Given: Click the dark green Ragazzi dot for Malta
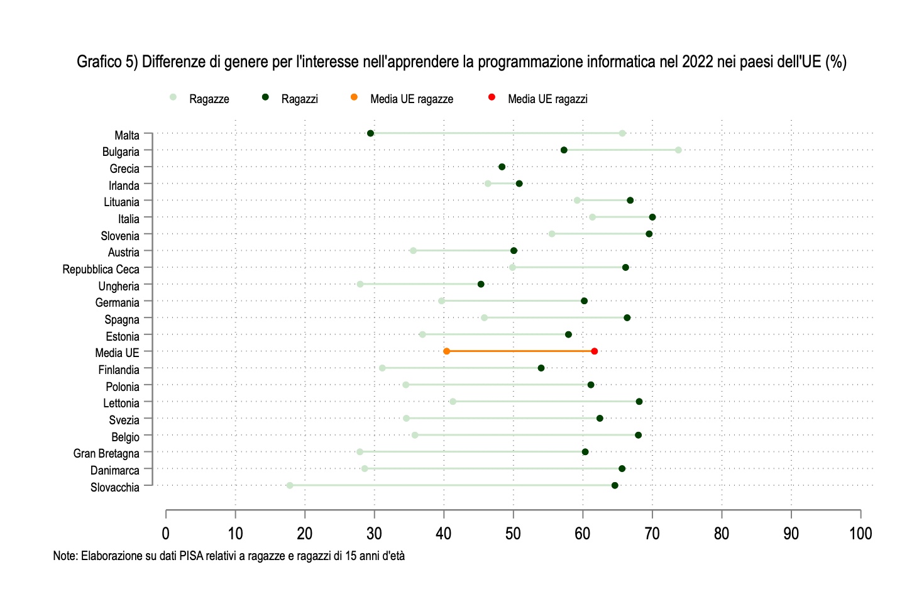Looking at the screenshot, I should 370,133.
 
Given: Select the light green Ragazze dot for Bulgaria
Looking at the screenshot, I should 678,150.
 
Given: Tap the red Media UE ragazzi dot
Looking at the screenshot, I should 594,351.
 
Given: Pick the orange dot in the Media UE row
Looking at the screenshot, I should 446,351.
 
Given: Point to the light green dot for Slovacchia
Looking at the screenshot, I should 290,485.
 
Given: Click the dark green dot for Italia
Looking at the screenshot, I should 652,217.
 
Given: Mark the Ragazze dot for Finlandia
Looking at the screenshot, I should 382,368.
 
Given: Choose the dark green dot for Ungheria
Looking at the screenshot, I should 481,284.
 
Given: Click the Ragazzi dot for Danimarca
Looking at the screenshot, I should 622,469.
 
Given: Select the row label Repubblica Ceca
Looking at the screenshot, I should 101,269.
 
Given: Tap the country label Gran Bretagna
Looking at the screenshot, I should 106,453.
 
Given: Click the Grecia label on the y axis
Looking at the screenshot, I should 124,168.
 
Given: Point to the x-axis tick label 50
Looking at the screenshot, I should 513,534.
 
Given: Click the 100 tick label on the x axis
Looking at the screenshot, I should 860,534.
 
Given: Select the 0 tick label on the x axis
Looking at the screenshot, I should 166,534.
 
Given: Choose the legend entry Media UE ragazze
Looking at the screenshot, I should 411,99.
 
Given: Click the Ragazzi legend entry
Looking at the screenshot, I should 299,99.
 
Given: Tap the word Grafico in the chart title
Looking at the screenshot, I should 99,62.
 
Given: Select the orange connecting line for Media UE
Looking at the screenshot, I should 520,351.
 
